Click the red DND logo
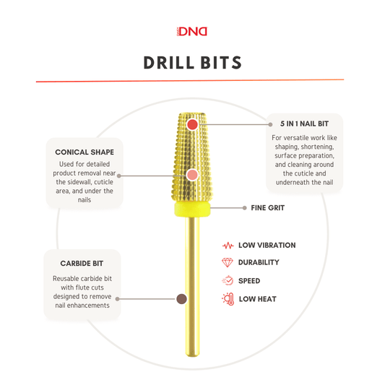[x=192, y=32]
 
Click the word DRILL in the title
[x=169, y=63]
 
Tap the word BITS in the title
[x=221, y=63]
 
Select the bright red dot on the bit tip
[x=192, y=124]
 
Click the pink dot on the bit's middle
[x=192, y=175]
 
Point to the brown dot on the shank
[x=182, y=299]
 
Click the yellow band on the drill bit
[x=192, y=209]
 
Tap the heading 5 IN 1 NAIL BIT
[x=305, y=124]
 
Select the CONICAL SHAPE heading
[x=85, y=152]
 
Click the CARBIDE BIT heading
[x=82, y=264]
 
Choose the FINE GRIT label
[x=268, y=208]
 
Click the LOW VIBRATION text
[x=267, y=246]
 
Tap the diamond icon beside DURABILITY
[x=227, y=262]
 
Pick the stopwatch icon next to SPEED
[x=228, y=280]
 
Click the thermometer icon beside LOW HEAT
[x=228, y=299]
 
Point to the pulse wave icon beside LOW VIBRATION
[x=228, y=246]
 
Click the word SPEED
[x=249, y=281]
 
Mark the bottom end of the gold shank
[x=192, y=355]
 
